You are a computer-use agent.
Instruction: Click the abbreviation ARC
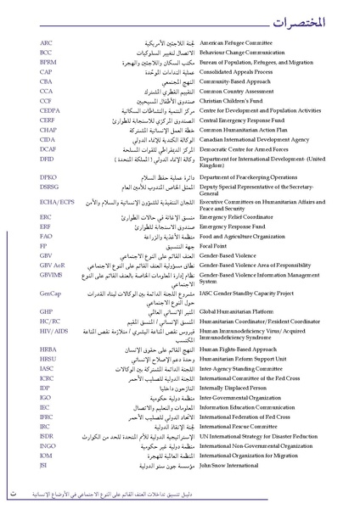[x=46, y=42]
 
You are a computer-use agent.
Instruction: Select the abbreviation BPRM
[x=48, y=62]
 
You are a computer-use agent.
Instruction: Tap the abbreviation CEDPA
[x=50, y=110]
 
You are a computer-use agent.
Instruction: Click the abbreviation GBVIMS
[x=52, y=275]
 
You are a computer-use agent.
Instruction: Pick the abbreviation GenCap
[x=50, y=293]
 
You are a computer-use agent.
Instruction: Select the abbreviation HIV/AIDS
[x=53, y=330]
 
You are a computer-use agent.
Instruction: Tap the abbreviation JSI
[x=43, y=464]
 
